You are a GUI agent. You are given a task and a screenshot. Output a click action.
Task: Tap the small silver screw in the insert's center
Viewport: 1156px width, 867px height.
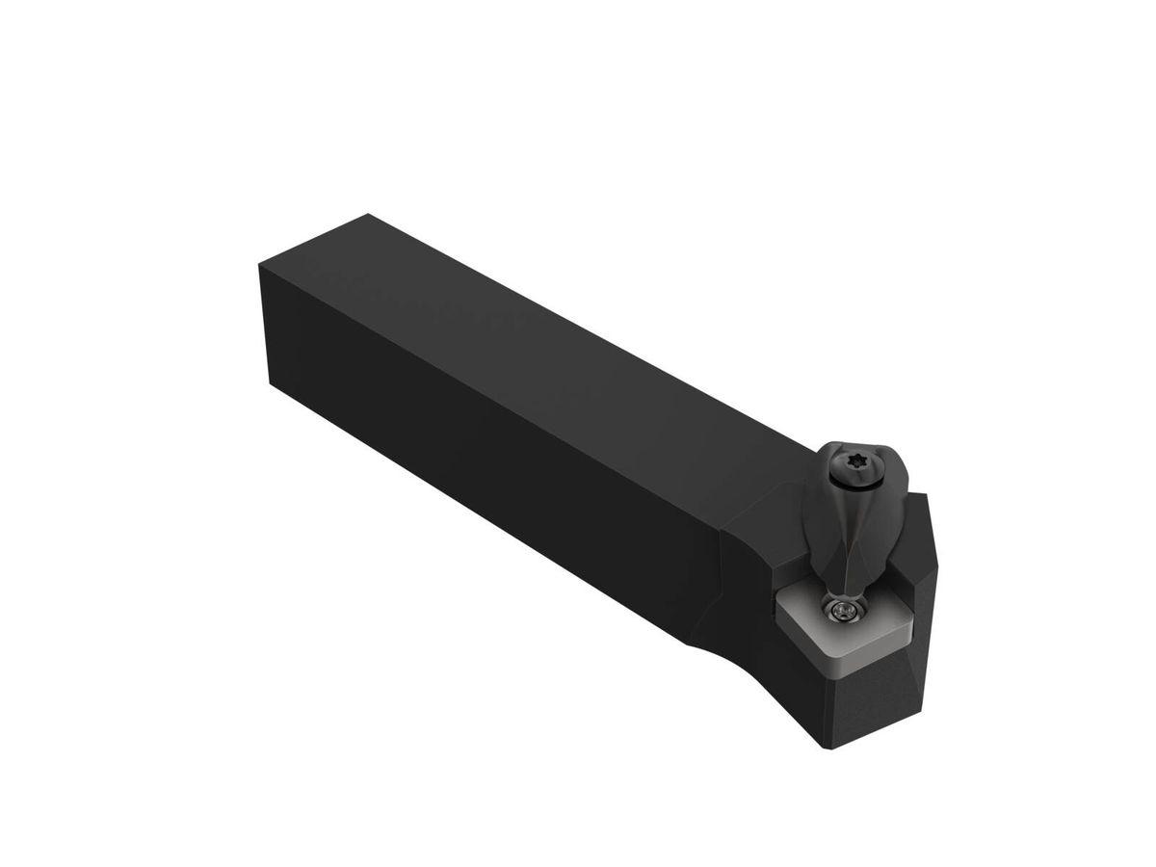(845, 609)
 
